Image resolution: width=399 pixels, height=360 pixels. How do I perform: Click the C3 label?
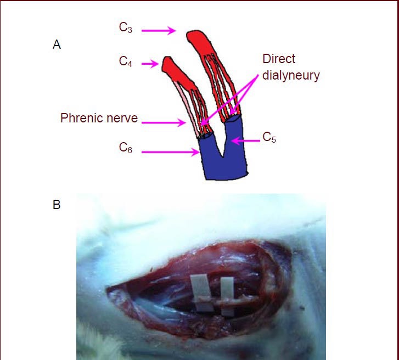126,28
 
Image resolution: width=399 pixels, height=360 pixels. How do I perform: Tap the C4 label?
126,61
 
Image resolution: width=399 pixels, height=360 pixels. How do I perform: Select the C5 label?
269,137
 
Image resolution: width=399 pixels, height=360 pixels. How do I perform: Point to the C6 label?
126,148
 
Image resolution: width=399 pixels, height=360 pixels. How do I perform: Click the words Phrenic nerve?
99,117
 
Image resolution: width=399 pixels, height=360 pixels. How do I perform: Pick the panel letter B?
57,206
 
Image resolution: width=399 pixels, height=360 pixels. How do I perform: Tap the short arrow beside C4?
150,64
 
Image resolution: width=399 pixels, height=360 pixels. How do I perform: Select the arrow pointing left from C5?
245,140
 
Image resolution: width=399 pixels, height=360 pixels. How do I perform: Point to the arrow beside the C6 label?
170,152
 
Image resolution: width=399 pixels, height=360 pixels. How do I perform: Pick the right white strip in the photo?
227,296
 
